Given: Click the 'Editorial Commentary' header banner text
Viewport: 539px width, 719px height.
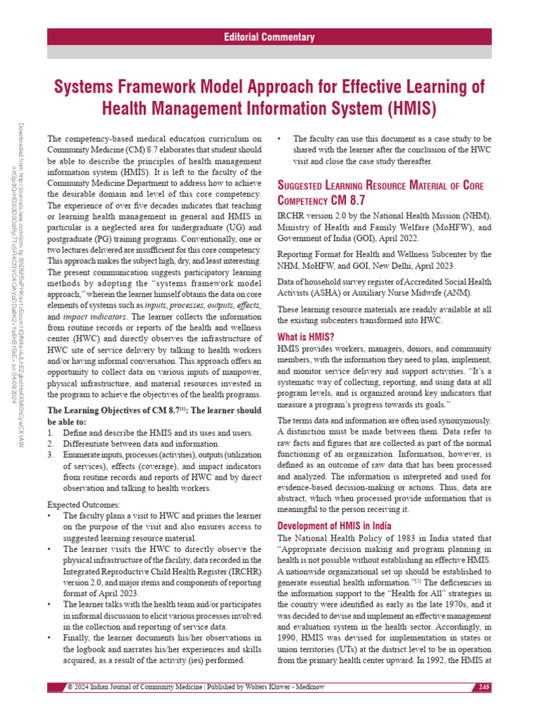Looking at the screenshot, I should point(269,37).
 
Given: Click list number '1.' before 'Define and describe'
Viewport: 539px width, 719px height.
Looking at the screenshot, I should point(51,433).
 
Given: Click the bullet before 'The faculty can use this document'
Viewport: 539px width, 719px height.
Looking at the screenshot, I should point(281,139).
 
